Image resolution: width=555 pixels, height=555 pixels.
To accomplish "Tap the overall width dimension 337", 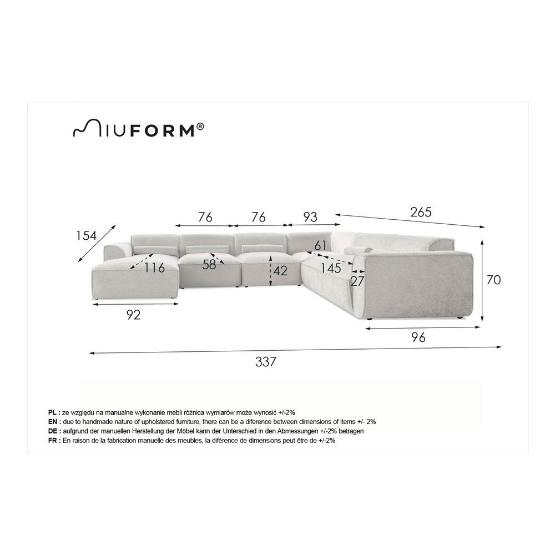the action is [265, 362].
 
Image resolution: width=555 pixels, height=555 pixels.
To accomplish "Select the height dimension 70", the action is [493, 280].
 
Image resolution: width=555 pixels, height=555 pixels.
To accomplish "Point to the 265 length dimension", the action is [421, 212].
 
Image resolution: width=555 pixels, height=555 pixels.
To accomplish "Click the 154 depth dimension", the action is [87, 235].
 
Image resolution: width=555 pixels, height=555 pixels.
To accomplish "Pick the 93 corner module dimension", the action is [310, 217].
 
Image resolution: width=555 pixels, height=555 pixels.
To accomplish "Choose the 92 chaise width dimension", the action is [133, 315].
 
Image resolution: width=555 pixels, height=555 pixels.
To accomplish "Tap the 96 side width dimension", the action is [418, 337].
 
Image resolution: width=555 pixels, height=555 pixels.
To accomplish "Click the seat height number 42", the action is [280, 271].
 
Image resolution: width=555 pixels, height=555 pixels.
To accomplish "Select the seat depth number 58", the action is [209, 265].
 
